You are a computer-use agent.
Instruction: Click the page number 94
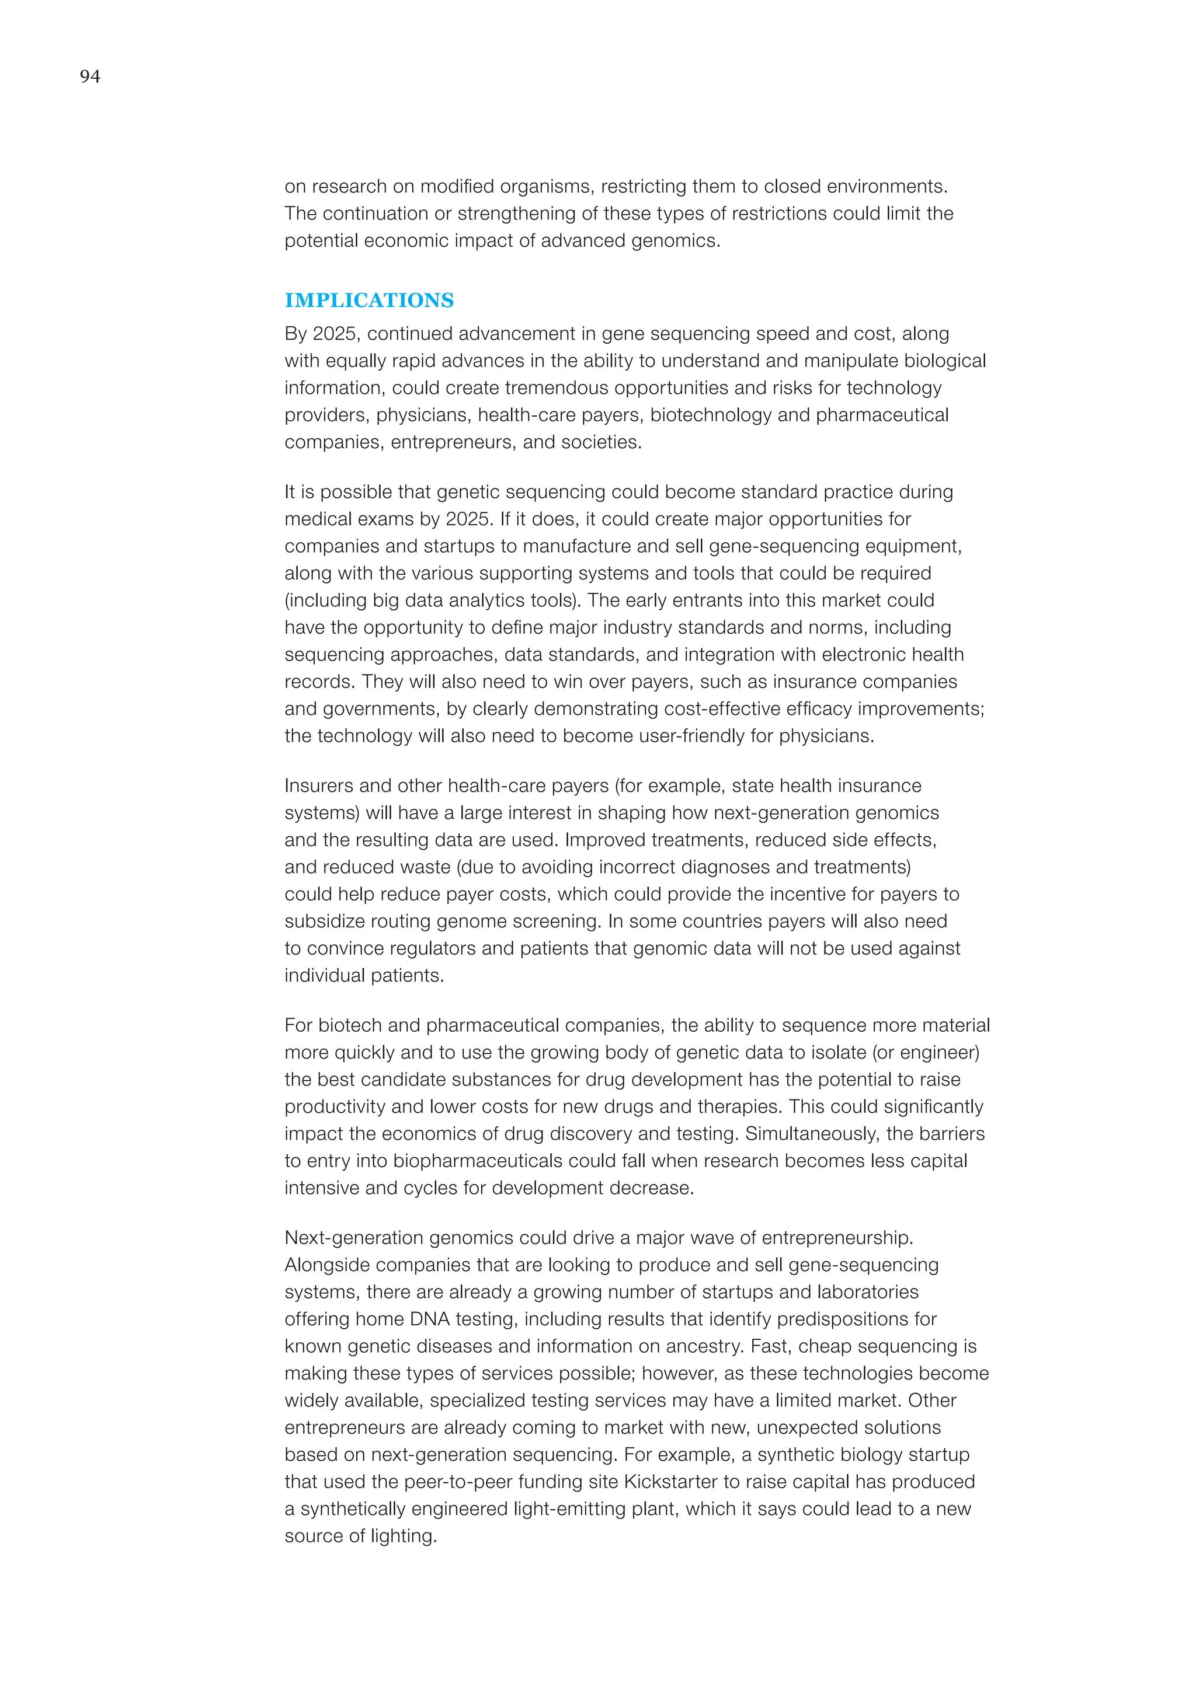90,76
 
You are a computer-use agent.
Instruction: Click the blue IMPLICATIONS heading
369,301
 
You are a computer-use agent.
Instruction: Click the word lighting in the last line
405,1535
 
